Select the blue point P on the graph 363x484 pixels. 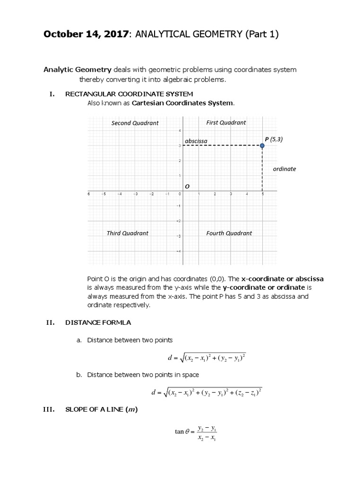262,146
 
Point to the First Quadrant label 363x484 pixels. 226,122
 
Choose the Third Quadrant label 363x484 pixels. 127,233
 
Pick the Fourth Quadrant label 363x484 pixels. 229,233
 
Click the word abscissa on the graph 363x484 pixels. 196,141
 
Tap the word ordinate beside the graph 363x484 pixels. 285,169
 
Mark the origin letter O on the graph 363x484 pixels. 187,186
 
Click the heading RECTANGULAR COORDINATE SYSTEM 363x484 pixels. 129,94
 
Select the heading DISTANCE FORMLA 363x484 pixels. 98,323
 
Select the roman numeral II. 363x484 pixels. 51,323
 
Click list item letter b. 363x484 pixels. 79,374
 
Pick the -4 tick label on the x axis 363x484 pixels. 120,194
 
